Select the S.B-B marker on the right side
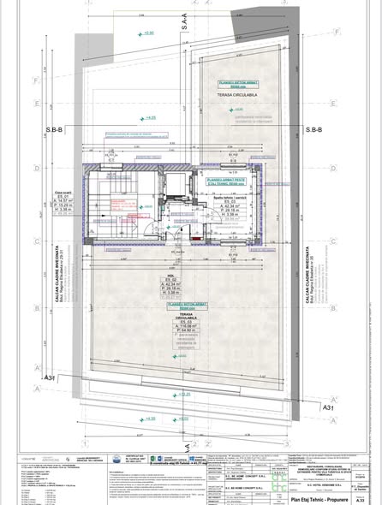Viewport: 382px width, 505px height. (316, 130)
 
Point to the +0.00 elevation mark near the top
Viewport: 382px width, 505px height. (147, 33)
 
